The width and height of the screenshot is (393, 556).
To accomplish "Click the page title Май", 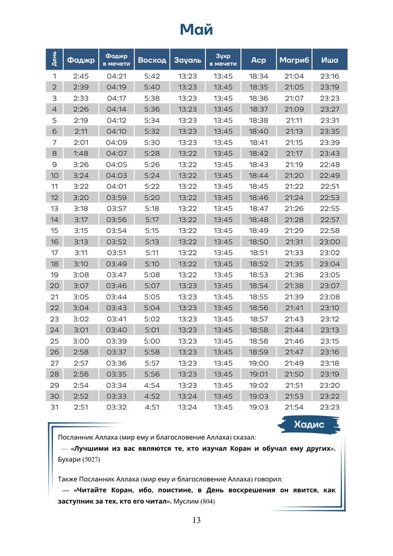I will point(196,29).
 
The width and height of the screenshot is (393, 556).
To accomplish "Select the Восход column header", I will point(152,60).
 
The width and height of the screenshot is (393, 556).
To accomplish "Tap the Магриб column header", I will point(294,60).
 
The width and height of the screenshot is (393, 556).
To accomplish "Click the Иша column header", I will point(330,60).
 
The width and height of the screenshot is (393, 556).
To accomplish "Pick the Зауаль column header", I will point(188,60).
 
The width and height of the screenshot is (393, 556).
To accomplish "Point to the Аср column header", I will point(259,60).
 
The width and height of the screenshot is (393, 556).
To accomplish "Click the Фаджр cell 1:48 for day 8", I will point(81,154).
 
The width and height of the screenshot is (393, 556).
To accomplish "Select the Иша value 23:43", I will point(330,154).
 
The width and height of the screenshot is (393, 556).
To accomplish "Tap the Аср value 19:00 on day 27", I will point(259,363).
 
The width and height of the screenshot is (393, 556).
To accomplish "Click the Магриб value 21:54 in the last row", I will point(294,407).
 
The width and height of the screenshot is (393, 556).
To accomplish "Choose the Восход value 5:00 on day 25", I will point(152,341).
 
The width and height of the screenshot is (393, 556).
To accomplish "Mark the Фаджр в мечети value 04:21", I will point(116,76).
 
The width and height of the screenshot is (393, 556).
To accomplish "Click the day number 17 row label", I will point(54,253).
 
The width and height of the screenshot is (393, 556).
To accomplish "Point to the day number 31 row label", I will point(54,407).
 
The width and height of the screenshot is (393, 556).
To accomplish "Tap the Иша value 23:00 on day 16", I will point(330,241).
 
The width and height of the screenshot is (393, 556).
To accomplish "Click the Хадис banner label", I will point(309,425).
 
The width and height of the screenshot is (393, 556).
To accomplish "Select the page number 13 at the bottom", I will point(196,520).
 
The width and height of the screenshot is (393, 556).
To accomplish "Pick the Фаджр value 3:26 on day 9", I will point(81,165).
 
